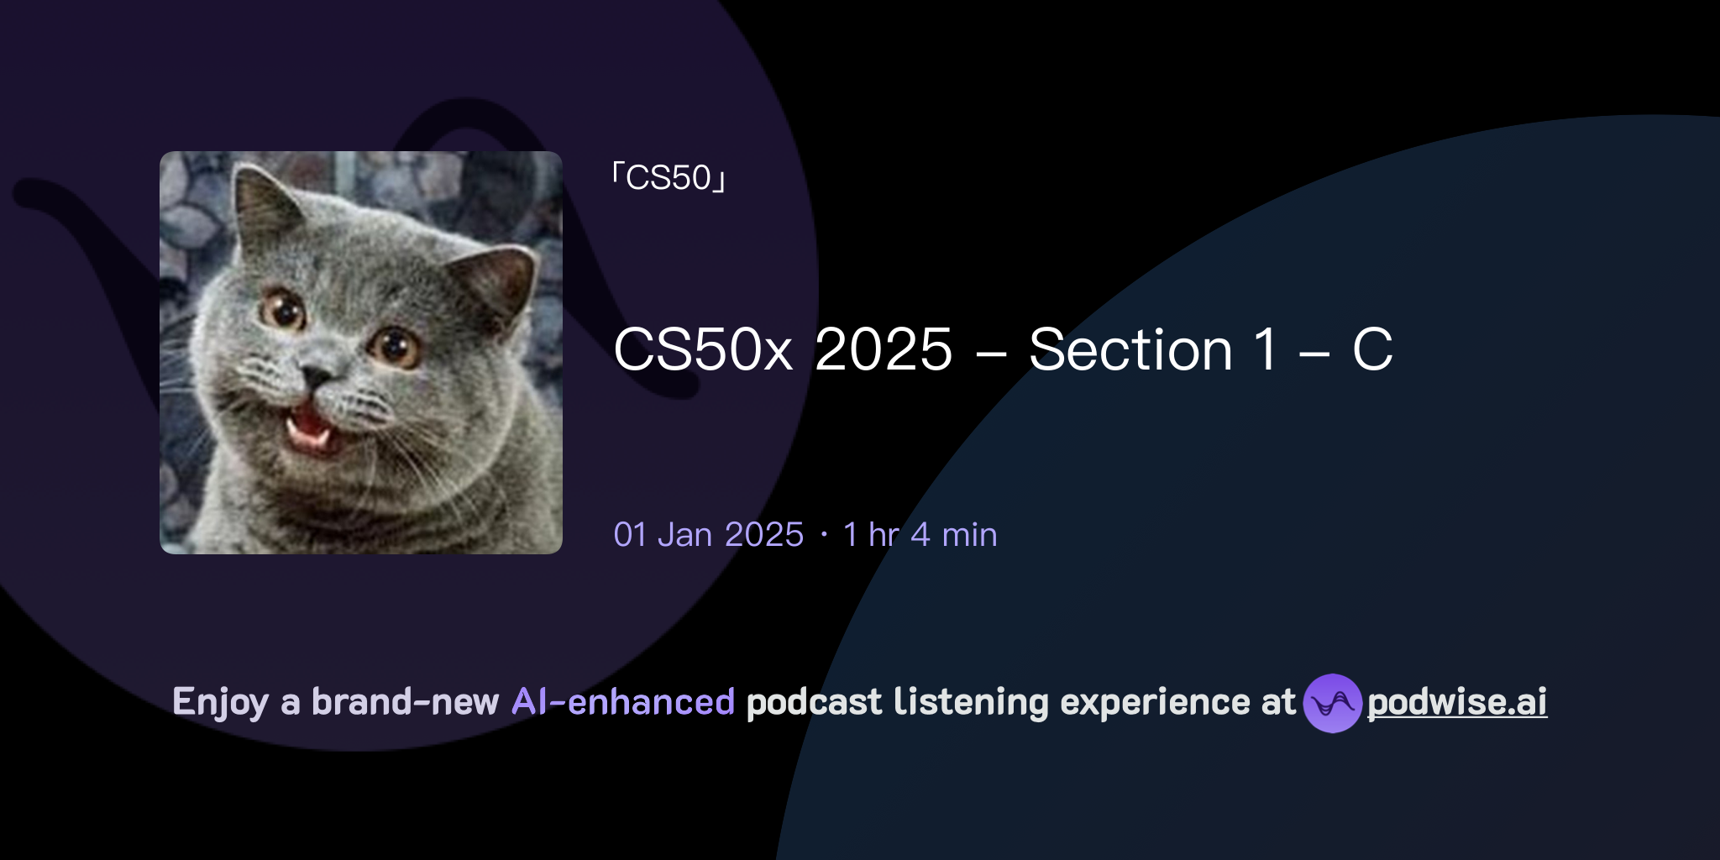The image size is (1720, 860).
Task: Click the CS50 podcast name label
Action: [x=669, y=178]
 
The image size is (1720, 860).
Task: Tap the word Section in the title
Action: [x=1130, y=349]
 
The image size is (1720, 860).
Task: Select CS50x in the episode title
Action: [x=703, y=349]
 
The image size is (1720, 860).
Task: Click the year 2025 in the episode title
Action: [x=884, y=349]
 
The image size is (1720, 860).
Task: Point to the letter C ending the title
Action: [x=1372, y=349]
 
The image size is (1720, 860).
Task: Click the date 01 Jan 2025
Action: [x=708, y=535]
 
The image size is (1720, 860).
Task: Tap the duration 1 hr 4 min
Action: [x=920, y=535]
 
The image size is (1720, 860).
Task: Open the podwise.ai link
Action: [x=1457, y=702]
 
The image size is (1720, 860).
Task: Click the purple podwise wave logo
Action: [x=1332, y=703]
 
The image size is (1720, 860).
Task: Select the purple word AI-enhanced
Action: [x=623, y=702]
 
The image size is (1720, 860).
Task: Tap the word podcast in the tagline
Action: [x=814, y=702]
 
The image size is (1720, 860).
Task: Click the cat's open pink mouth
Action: [x=309, y=425]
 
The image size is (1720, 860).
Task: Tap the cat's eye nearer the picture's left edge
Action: [x=284, y=309]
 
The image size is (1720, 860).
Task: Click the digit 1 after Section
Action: [x=1264, y=349]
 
